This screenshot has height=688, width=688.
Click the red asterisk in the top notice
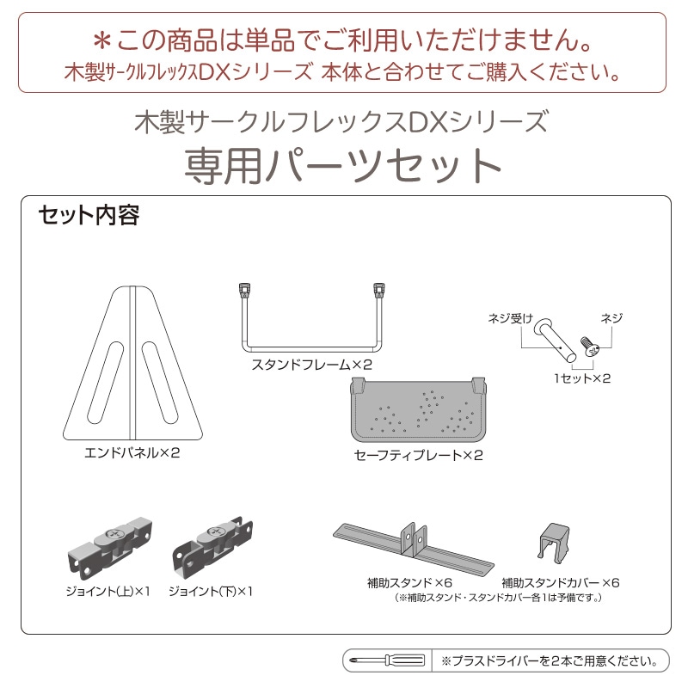101,41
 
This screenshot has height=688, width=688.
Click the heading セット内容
89,216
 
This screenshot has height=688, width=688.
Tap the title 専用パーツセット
342,166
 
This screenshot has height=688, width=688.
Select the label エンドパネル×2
132,452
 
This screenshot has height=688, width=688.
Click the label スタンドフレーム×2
312,365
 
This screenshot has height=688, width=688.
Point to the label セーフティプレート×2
419,455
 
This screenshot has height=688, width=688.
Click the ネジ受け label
510,318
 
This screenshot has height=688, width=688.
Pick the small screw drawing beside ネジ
589,347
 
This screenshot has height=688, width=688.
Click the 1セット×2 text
582,378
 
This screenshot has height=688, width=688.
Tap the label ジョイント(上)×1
108,592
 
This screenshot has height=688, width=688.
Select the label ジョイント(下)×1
211,592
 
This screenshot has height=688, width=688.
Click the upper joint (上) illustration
110,547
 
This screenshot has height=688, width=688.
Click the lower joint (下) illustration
212,547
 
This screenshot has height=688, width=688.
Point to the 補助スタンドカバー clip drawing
554,543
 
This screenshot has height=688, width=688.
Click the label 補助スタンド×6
409,583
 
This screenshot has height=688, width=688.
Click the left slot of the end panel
106,383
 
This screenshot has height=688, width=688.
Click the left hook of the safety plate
358,384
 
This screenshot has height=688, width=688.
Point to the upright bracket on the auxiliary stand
414,539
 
